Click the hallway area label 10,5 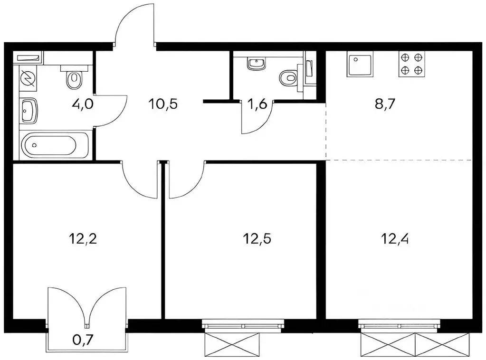coord(163,104)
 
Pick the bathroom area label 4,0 coord(83,104)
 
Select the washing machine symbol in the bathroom coord(28,78)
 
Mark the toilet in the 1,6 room coord(289,77)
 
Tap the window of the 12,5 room coord(243,325)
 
